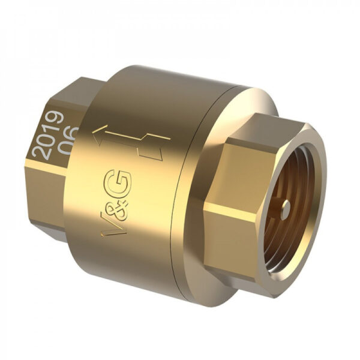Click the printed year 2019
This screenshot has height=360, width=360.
(48, 135)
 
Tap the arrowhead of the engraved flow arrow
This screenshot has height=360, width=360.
(100, 135)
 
